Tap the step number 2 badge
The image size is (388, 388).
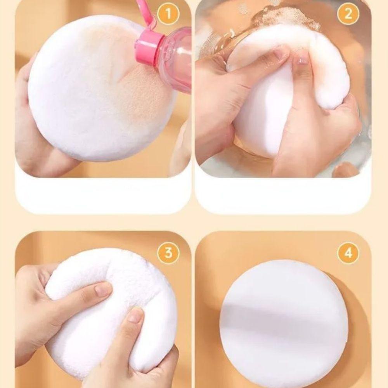(348, 15)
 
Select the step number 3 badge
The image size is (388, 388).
(168, 253)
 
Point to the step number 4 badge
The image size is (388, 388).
(348, 253)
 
